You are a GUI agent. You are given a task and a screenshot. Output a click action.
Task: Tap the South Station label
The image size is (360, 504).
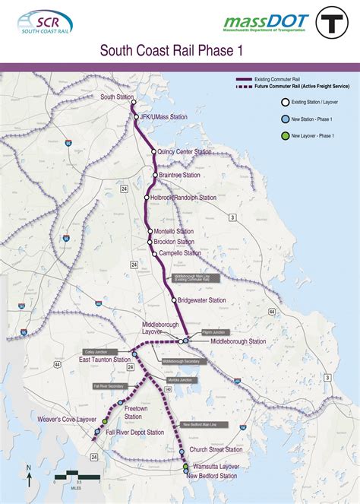[116, 97]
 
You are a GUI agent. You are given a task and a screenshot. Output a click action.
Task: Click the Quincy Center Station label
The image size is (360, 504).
[185, 152]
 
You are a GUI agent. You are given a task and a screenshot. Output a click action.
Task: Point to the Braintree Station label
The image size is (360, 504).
[180, 175]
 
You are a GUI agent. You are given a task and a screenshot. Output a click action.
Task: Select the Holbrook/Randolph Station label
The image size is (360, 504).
[183, 198]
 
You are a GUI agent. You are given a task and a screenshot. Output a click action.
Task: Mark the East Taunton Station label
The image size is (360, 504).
[106, 360]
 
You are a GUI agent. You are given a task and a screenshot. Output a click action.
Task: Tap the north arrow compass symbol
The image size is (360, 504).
[30, 477]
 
